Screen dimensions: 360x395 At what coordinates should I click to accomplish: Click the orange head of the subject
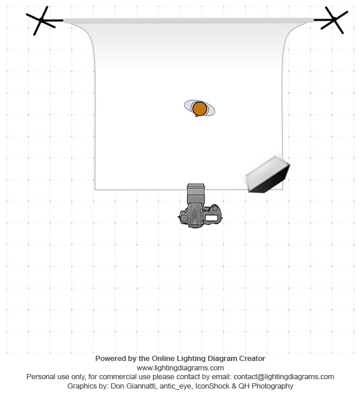point(199,108)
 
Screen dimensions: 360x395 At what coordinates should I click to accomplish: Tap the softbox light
point(268,174)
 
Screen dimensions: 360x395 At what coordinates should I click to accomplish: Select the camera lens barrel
point(196,193)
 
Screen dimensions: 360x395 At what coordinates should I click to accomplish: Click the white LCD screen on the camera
point(211,218)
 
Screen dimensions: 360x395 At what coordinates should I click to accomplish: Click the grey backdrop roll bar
point(188,21)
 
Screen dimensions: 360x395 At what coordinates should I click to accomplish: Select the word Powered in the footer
point(108,359)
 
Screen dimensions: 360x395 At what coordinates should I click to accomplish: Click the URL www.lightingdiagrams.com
point(180,368)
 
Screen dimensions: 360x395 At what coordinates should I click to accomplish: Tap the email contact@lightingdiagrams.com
point(284,377)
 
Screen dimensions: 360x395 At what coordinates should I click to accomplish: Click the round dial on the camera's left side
point(184,218)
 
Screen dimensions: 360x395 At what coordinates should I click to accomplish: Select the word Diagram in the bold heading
point(223,359)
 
